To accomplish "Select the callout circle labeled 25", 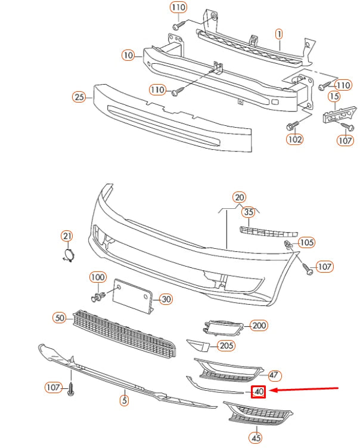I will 79,97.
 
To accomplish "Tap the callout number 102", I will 294,140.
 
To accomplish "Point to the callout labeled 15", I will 334,97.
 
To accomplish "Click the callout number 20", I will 239,197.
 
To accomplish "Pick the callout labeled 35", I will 249,212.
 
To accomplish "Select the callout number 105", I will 307,243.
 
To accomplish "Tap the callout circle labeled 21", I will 67,237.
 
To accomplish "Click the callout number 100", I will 98,277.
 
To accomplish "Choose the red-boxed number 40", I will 259,392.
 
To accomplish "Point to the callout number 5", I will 124,400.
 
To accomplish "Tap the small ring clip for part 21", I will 68,256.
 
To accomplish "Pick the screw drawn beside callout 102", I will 291,126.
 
